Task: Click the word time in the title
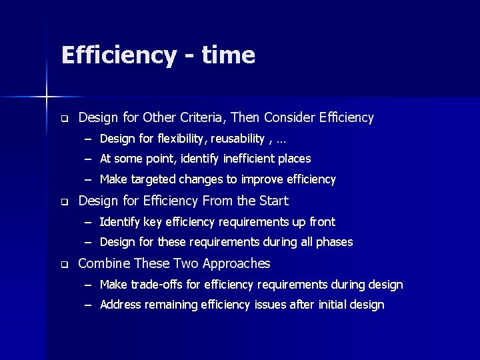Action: tap(227, 55)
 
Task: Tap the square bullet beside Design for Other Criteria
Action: tap(65, 119)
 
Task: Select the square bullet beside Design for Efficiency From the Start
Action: tap(65, 201)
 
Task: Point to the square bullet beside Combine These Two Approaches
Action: tap(65, 265)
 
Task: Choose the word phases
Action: tap(334, 242)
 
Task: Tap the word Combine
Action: tap(104, 264)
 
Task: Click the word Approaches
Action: tap(237, 264)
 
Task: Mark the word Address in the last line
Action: tap(121, 305)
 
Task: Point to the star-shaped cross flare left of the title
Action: tap(47, 97)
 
